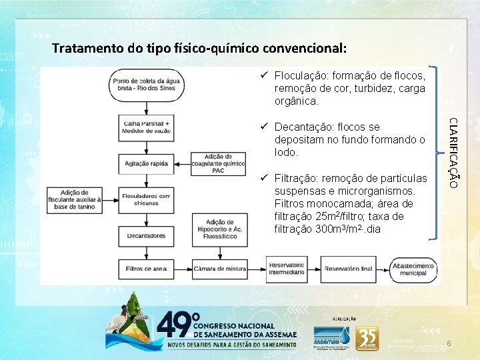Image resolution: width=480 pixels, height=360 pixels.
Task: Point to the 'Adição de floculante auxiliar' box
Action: click(x=75, y=199)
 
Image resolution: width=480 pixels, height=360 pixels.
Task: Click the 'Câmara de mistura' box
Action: click(x=220, y=269)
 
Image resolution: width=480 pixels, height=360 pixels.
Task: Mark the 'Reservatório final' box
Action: click(x=347, y=269)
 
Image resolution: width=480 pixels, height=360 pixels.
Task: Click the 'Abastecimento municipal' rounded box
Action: click(x=414, y=269)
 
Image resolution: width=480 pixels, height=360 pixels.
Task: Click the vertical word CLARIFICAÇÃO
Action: click(x=453, y=152)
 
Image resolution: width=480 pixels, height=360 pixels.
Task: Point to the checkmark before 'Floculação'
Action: click(x=264, y=76)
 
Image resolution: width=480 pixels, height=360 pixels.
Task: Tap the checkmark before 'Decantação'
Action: click(x=264, y=127)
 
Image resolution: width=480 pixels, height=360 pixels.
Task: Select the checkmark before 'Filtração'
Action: click(x=264, y=178)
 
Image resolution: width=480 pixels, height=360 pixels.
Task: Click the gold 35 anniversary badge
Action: click(x=367, y=339)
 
